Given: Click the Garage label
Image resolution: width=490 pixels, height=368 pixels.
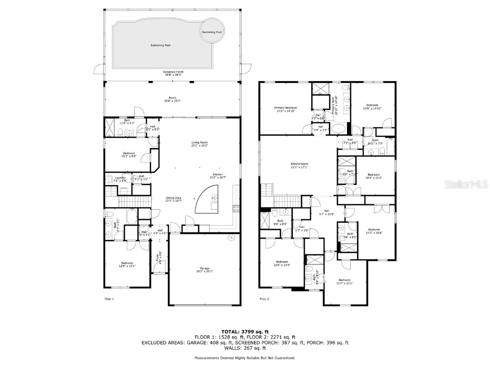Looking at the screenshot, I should [x=204, y=269].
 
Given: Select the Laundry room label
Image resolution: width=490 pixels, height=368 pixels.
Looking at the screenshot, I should [x=120, y=179].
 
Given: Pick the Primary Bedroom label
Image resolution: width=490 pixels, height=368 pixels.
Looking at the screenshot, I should [x=286, y=109].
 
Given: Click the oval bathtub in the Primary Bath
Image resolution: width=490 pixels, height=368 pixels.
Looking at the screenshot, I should [x=339, y=128].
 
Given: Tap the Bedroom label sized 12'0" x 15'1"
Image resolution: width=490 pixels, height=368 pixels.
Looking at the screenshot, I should [x=345, y=281].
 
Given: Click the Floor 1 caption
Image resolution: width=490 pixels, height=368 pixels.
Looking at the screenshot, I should [x=109, y=299].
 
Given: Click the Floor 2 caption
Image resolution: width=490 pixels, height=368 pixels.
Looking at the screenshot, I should [x=265, y=299].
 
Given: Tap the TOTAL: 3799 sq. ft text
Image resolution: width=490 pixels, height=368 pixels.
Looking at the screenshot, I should [x=245, y=332].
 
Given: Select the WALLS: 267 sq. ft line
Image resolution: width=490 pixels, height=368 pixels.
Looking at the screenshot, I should [x=245, y=348].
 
